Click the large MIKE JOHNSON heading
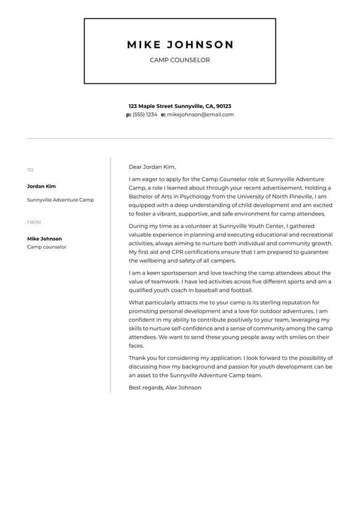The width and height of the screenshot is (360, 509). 180,45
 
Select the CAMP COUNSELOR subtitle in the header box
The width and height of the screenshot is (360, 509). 180,60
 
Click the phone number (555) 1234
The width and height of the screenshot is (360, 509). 145,115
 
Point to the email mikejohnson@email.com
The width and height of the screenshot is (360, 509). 200,115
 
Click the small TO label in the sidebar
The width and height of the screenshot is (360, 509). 30,170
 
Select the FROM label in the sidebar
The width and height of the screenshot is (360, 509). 34,222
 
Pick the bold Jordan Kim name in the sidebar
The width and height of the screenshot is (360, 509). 41,186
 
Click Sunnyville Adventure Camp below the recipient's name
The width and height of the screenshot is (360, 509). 60,200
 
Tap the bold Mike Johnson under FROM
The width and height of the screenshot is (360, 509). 44,239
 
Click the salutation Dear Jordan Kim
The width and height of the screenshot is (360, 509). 152,167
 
